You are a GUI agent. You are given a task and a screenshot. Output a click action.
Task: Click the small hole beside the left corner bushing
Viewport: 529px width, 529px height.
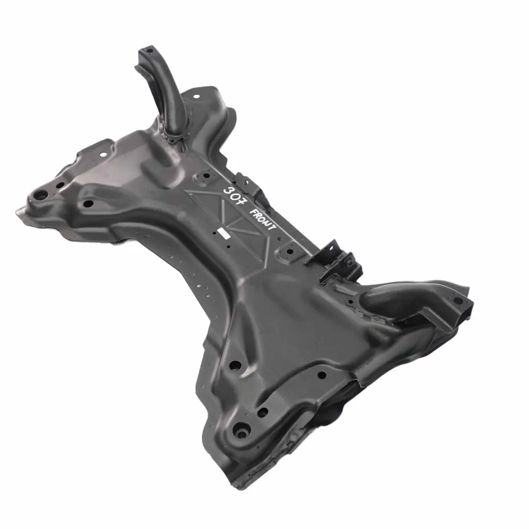point(60,186)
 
